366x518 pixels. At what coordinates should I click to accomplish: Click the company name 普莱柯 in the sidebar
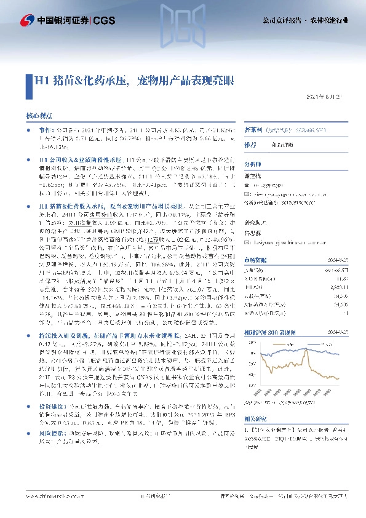pyautogui.click(x=254, y=131)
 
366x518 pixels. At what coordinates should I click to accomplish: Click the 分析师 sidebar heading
pyautogui.click(x=253, y=164)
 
